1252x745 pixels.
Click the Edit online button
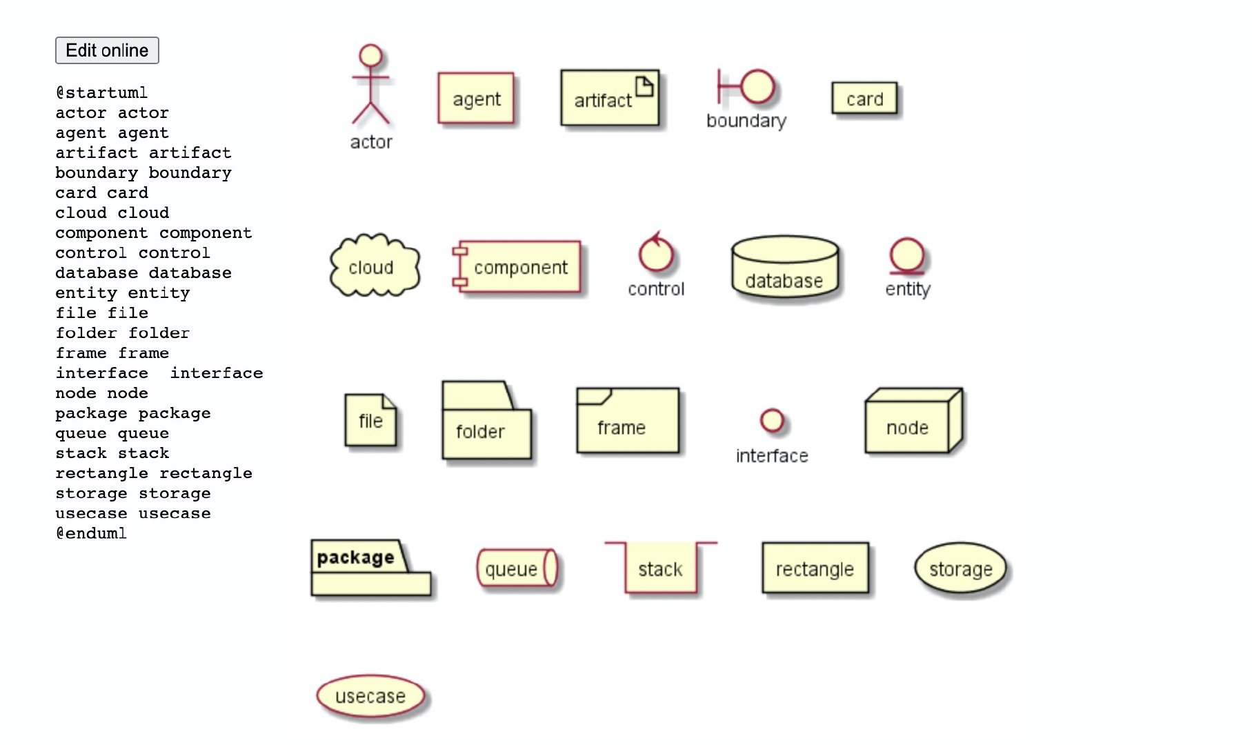107,50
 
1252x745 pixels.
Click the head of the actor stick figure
371,56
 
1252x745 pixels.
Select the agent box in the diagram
476,99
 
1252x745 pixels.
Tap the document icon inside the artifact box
644,87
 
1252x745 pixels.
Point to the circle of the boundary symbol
758,87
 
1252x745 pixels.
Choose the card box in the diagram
864,99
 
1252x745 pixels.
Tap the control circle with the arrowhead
655,254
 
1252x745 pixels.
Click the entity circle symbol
906,255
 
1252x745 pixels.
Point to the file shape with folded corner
370,419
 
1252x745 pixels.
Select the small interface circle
772,419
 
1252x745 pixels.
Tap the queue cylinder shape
517,568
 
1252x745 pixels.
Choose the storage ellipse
960,568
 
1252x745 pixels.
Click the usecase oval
370,696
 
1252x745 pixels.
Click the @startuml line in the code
101,92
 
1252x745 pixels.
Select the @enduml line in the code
91,533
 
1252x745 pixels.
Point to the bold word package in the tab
355,557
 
